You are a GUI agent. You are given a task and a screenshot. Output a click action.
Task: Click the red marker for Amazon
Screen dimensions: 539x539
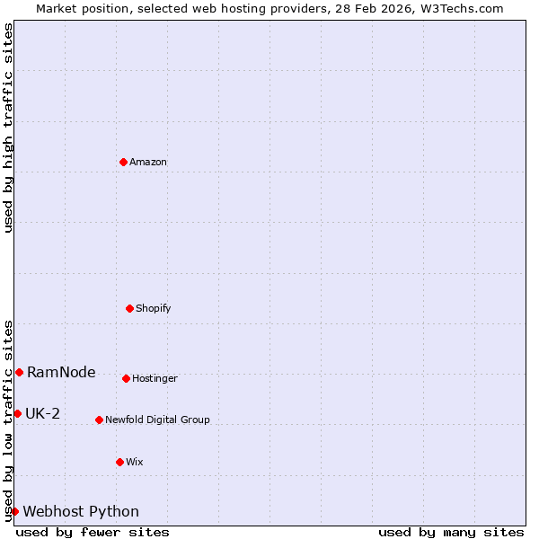pyautogui.click(x=123, y=162)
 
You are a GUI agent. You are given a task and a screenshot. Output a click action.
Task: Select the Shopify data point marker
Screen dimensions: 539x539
pyautogui.click(x=129, y=308)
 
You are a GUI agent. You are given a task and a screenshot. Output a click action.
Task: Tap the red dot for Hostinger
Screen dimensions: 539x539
pyautogui.click(x=126, y=378)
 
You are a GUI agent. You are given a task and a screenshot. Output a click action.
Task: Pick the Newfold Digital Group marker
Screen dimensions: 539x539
pyautogui.click(x=99, y=420)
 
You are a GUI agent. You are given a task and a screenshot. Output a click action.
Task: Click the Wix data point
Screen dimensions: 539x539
pyautogui.click(x=119, y=462)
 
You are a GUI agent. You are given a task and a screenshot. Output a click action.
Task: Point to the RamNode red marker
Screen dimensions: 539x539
pyautogui.click(x=19, y=372)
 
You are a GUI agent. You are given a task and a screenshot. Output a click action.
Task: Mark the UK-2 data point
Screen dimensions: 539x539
pyautogui.click(x=17, y=413)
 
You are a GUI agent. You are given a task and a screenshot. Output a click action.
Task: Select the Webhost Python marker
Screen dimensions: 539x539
pyautogui.click(x=14, y=511)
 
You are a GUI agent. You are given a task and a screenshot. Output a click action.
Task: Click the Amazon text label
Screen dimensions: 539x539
pyautogui.click(x=148, y=163)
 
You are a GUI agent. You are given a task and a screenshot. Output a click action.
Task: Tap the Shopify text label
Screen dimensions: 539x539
pyautogui.click(x=154, y=309)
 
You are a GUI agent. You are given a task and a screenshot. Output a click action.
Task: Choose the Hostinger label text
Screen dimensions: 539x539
pyautogui.click(x=155, y=379)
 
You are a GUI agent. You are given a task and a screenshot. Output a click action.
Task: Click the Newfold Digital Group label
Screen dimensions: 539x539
pyautogui.click(x=157, y=420)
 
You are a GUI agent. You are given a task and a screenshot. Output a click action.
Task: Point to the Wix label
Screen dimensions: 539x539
pyautogui.click(x=135, y=463)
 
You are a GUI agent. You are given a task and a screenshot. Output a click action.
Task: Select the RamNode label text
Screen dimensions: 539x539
pyautogui.click(x=61, y=373)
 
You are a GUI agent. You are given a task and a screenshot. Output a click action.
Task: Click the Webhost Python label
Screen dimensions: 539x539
pyautogui.click(x=81, y=512)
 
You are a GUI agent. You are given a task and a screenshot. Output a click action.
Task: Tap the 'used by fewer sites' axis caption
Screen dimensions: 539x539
pyautogui.click(x=93, y=532)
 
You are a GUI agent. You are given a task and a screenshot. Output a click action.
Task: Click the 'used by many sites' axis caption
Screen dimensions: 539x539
pyautogui.click(x=451, y=532)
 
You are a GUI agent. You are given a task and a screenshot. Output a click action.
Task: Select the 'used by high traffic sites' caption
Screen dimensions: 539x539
pyautogui.click(x=8, y=128)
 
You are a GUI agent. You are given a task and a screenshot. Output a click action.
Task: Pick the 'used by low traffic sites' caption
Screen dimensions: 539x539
pyautogui.click(x=8, y=420)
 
